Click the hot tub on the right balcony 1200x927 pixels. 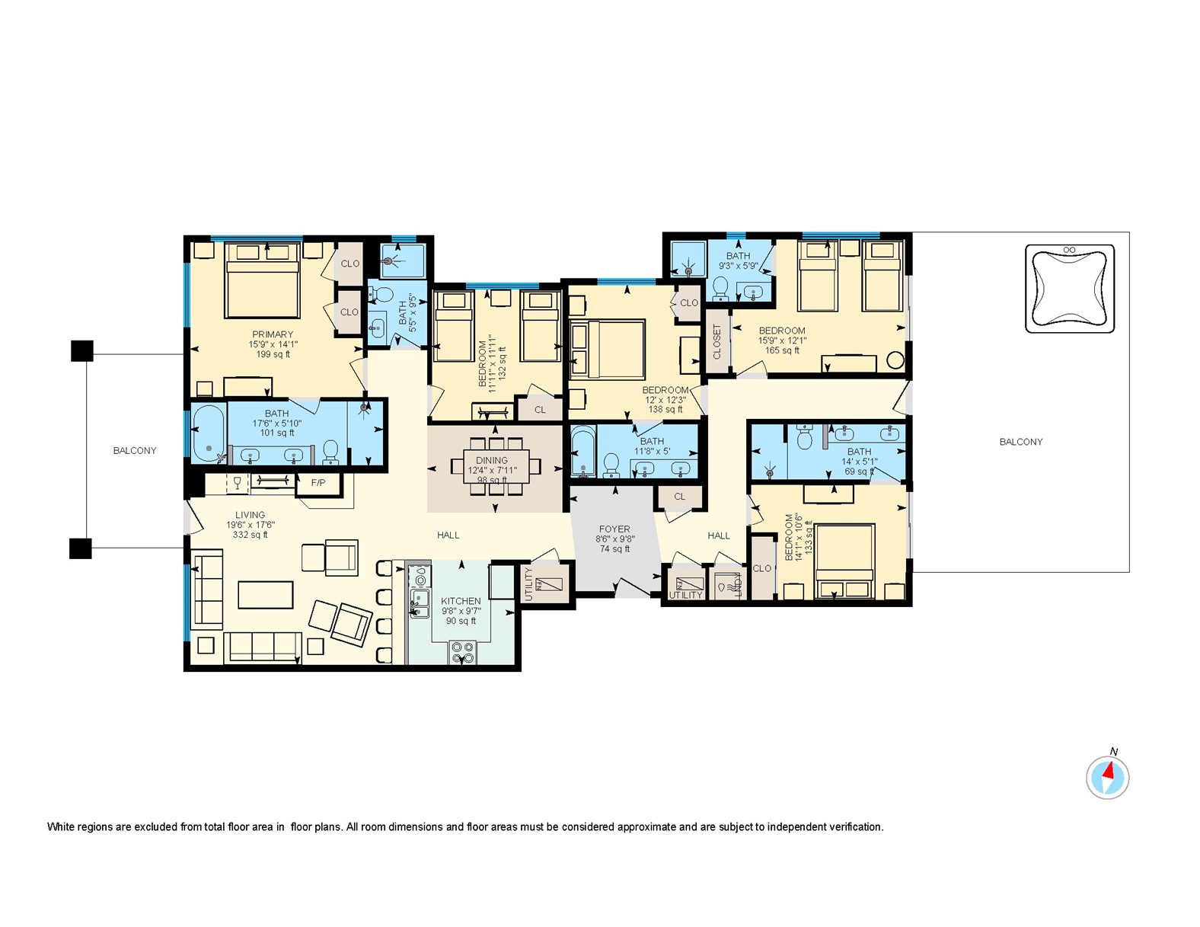click(1070, 289)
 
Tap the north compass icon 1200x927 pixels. click(1107, 778)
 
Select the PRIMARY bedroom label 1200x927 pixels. click(273, 334)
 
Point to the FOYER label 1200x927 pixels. click(614, 529)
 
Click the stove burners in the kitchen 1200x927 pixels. click(462, 653)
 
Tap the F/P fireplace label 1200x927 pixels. click(318, 482)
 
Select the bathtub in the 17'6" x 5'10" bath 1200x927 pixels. click(207, 433)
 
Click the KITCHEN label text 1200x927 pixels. click(461, 601)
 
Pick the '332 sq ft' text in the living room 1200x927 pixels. click(250, 535)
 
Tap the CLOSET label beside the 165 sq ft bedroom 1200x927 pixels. click(716, 342)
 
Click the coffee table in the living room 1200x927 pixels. click(265, 594)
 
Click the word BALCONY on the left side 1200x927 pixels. click(135, 450)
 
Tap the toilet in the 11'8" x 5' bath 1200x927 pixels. click(611, 465)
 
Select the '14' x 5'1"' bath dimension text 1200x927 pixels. click(860, 462)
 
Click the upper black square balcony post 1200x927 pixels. click(81, 350)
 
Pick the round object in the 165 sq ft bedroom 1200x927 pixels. click(895, 361)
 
